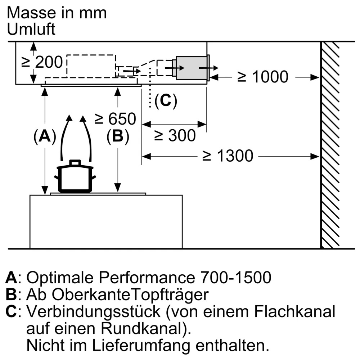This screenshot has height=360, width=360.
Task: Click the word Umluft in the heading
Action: (x=31, y=29)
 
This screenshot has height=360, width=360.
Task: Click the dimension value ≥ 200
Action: (x=42, y=62)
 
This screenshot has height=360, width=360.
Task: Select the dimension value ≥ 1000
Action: (x=263, y=77)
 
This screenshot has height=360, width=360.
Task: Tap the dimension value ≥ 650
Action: (x=115, y=119)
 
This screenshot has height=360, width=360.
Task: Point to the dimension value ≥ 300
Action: (x=175, y=135)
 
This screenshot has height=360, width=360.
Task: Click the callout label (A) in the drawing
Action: (x=45, y=136)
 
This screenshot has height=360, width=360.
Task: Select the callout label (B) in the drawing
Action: (x=118, y=136)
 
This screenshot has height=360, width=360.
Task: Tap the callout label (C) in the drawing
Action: (x=166, y=100)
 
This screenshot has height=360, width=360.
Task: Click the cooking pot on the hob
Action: (x=75, y=177)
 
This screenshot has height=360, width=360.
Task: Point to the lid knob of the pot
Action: (x=75, y=162)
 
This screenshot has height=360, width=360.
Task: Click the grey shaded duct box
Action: (x=192, y=68)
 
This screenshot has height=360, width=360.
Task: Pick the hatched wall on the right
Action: (x=330, y=145)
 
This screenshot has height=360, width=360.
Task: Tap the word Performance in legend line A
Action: (x=147, y=277)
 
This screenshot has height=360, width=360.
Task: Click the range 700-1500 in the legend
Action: (x=236, y=277)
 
